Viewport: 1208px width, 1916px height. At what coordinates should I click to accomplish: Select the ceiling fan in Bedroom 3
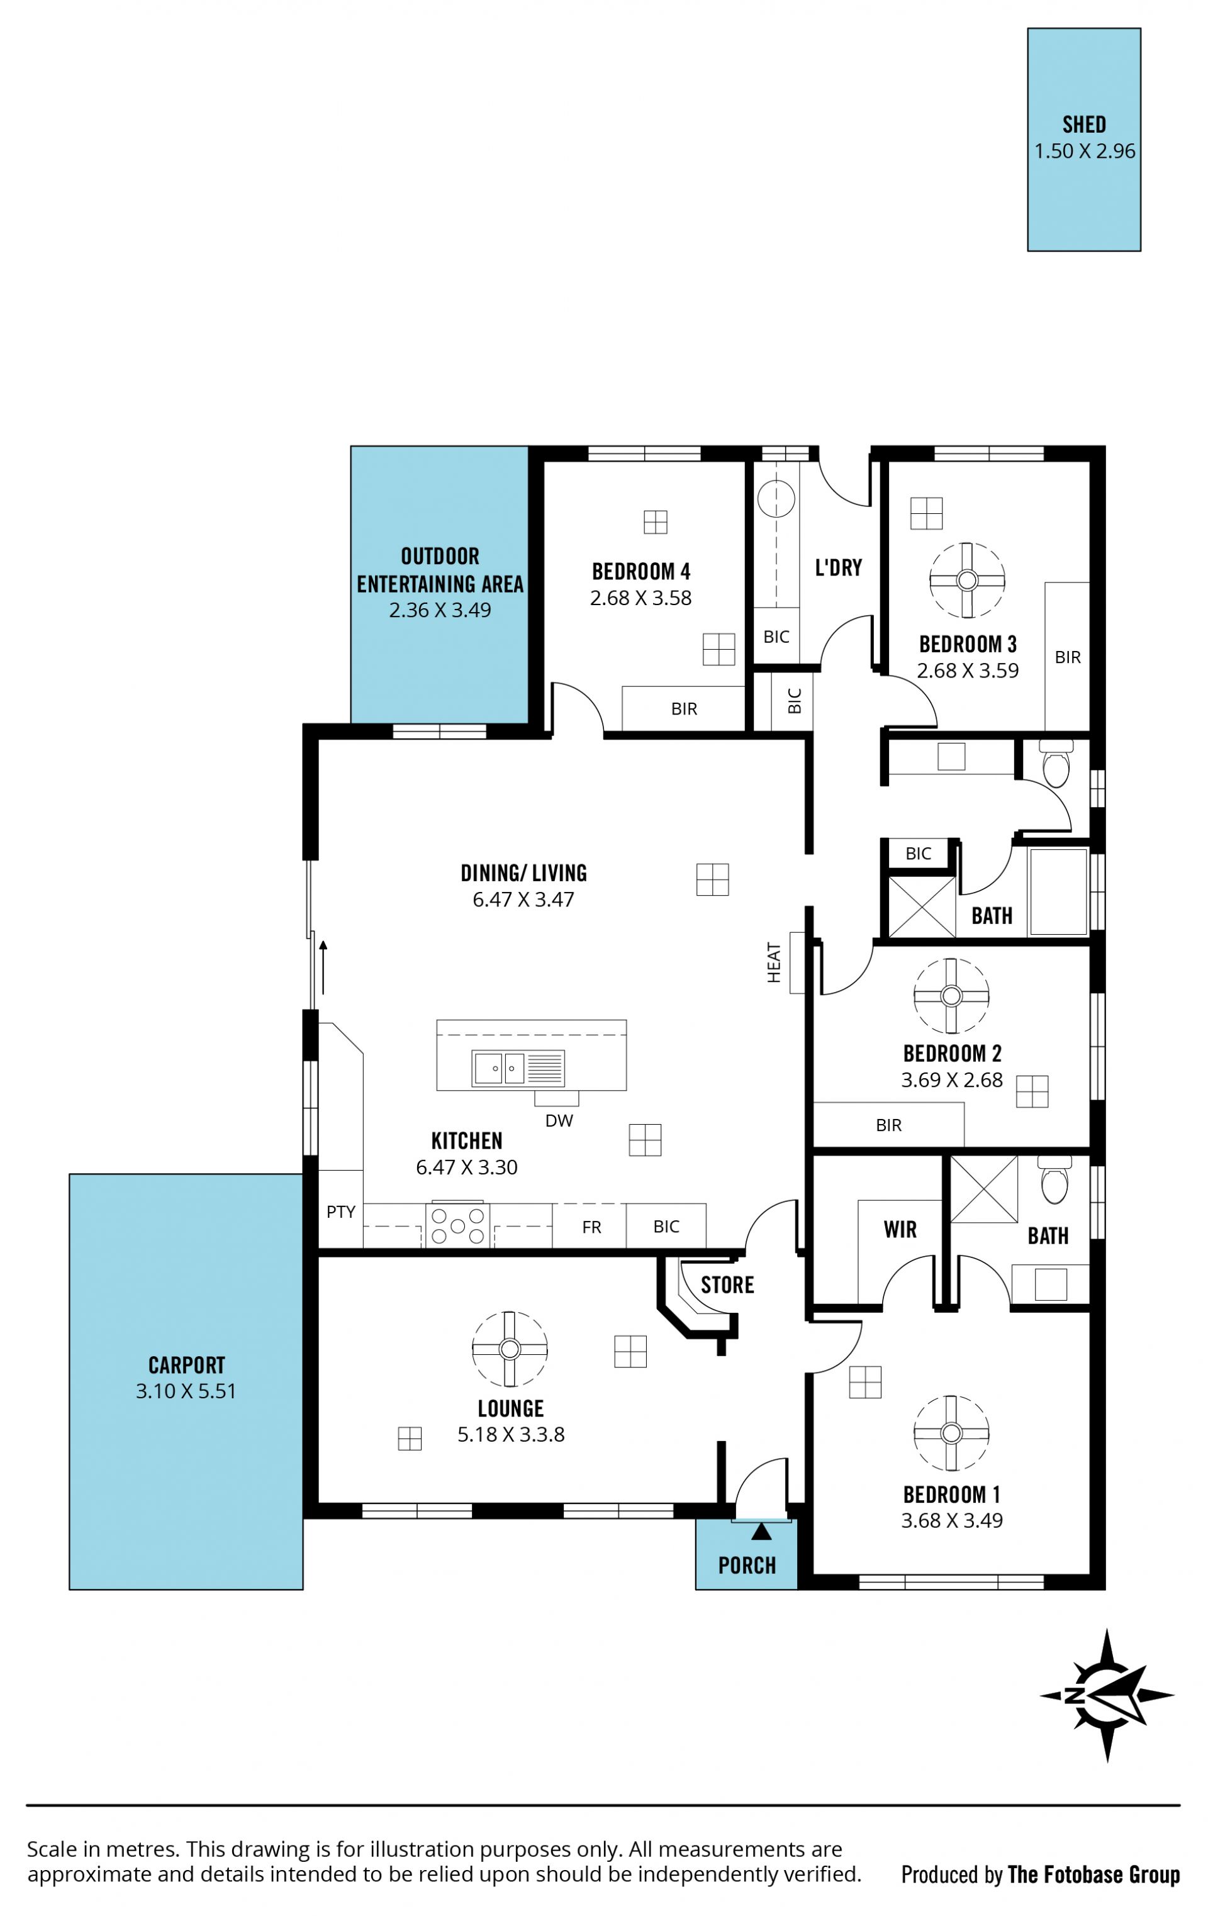click(967, 580)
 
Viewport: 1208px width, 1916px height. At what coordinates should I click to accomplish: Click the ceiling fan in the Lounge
click(509, 1349)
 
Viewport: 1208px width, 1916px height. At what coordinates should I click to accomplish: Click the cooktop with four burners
click(457, 1225)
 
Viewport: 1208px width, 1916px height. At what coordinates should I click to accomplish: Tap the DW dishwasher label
click(559, 1120)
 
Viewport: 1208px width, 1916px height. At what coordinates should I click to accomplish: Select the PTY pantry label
click(340, 1212)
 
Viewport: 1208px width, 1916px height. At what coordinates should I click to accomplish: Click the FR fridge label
click(591, 1227)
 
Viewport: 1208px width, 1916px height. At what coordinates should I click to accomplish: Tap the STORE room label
click(727, 1285)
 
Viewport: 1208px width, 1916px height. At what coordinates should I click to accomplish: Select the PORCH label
click(746, 1566)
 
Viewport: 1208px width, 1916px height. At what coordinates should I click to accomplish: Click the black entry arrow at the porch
click(761, 1531)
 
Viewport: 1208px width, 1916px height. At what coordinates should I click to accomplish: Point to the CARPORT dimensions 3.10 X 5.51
click(186, 1391)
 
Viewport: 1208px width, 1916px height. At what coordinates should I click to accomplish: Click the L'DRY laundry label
click(838, 567)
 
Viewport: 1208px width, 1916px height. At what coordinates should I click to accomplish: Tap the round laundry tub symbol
click(776, 499)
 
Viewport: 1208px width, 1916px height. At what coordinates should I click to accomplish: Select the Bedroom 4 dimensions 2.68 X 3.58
click(640, 598)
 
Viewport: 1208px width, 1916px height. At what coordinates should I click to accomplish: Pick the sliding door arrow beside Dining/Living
click(323, 967)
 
